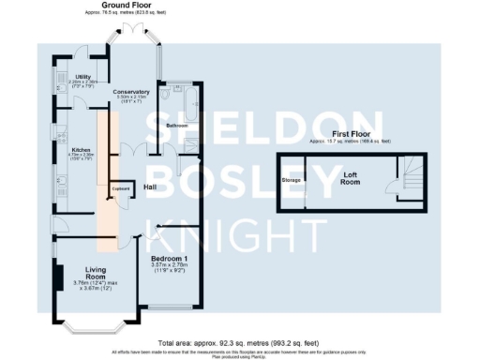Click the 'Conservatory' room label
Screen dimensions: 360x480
pos(130,91)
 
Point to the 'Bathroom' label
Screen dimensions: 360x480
pos(177,125)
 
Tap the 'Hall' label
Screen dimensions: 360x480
pos(149,187)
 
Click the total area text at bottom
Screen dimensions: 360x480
pos(239,343)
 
